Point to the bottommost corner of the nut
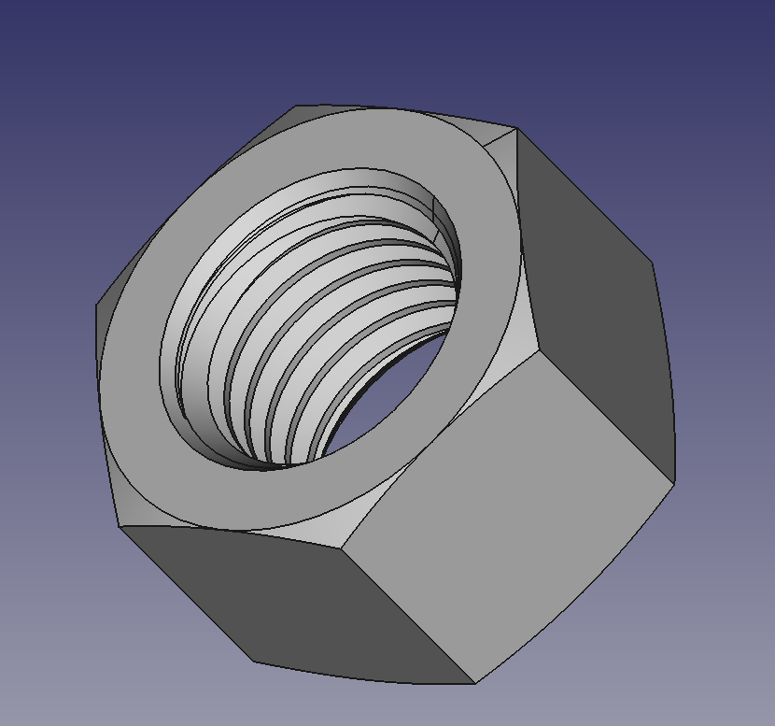[475, 683]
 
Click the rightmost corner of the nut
[674, 482]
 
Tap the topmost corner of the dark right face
[516, 129]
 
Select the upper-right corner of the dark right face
[651, 264]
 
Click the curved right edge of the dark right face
[667, 374]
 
